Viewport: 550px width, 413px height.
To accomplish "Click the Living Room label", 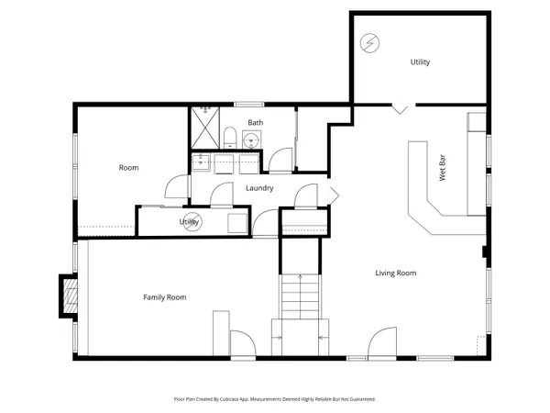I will click(396, 273).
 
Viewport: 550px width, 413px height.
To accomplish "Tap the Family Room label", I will click(164, 297).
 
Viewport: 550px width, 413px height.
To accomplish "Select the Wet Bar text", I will click(442, 173).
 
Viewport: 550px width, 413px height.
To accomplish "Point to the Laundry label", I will click(260, 189).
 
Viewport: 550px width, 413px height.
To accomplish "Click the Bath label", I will click(255, 122).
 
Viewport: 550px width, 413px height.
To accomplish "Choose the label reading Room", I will click(128, 168).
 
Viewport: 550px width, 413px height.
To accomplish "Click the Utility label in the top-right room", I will click(420, 62).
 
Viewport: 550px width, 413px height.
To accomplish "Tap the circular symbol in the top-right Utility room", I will click(368, 42).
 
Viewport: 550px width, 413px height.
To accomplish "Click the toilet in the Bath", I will click(230, 139).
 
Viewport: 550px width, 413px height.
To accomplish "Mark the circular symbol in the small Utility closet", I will click(193, 221).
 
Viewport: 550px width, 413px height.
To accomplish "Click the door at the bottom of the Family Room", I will click(241, 345).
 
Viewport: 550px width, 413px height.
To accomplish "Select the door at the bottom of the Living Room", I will click(382, 343).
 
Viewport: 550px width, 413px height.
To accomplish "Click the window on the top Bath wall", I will click(247, 104).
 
